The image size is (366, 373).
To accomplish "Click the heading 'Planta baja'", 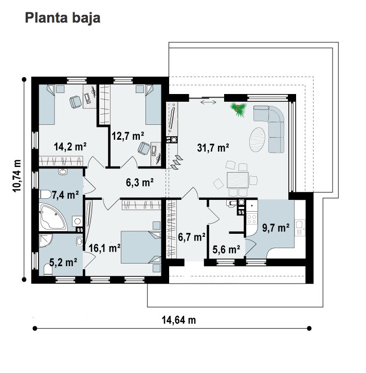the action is click(x=63, y=18).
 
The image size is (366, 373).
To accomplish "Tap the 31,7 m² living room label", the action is click(x=213, y=147).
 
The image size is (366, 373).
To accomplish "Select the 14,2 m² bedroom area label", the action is click(x=70, y=146).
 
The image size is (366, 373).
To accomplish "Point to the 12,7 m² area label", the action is click(x=128, y=136).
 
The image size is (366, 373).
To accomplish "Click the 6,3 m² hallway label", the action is click(x=140, y=182).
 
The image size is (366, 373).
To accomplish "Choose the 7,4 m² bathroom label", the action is click(x=65, y=195).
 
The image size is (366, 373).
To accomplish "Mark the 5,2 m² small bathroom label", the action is click(x=63, y=262).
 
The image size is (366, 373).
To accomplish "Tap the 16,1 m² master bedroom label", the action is click(x=104, y=248).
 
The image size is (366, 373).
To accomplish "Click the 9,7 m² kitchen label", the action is click(x=276, y=228).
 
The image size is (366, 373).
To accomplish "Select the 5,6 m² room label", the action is click(x=226, y=250).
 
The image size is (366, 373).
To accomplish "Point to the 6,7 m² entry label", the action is click(x=192, y=237).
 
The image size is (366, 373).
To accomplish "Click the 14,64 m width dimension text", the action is click(x=179, y=320).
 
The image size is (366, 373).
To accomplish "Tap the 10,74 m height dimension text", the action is click(x=17, y=176).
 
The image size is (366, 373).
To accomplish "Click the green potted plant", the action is click(x=238, y=109).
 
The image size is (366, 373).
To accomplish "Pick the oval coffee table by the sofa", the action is click(x=257, y=140).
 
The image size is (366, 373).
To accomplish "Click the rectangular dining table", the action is click(x=237, y=180).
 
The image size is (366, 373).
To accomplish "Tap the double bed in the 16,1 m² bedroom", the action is click(x=141, y=247).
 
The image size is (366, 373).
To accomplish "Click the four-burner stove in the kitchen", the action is click(x=251, y=219).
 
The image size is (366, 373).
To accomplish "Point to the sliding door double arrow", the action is click(x=208, y=103).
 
